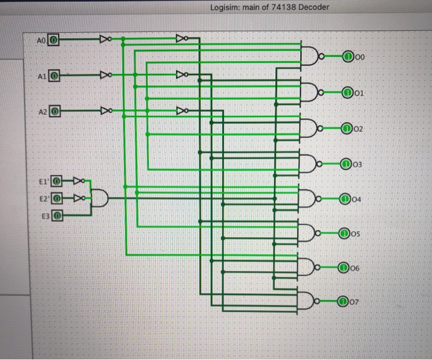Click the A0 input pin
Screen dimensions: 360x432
pyautogui.click(x=54, y=40)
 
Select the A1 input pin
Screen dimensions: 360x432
pyautogui.click(x=54, y=76)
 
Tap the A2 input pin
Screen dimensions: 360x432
pyautogui.click(x=54, y=112)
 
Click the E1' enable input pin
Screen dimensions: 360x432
pyautogui.click(x=56, y=182)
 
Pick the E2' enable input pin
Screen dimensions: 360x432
pyautogui.click(x=56, y=198)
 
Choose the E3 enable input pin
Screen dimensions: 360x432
pyautogui.click(x=56, y=216)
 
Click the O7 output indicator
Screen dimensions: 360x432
pyautogui.click(x=343, y=301)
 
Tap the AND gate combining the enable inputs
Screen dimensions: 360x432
pyautogui.click(x=99, y=198)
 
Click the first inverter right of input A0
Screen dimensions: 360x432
pyautogui.click(x=106, y=40)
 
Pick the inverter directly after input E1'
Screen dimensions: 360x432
pyautogui.click(x=78, y=182)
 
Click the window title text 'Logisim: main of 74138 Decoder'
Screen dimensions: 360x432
pyautogui.click(x=274, y=7)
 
